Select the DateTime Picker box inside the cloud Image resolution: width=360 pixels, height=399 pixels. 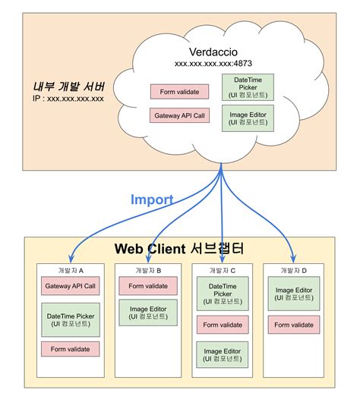point(246,86)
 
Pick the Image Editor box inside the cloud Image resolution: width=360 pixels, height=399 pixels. point(246,117)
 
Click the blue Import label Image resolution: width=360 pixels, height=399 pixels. point(152,199)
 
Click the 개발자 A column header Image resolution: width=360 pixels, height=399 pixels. point(71,270)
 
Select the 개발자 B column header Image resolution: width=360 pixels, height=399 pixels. point(148,270)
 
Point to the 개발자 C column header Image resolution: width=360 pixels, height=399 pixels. point(223,270)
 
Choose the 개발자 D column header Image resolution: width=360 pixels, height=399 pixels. point(293,270)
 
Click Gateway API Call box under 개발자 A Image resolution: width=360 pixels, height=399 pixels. point(71,286)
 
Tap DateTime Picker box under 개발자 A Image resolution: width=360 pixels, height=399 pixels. point(71,319)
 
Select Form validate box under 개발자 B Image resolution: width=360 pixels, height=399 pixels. point(148,286)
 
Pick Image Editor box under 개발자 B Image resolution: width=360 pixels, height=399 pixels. point(148,312)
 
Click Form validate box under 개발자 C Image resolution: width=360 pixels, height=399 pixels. point(223,325)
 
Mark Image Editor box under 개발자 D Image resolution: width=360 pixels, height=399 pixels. point(293,294)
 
